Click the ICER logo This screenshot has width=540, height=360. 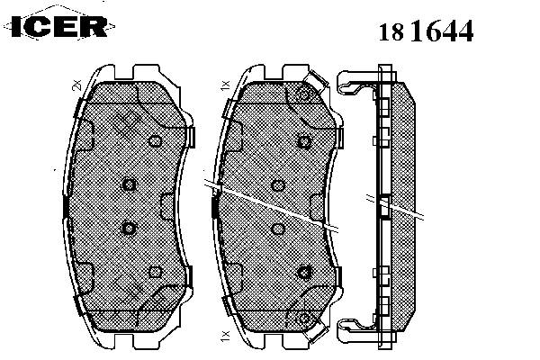[x=58, y=25]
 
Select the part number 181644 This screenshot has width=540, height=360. [x=426, y=31]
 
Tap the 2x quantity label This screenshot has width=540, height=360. [x=76, y=85]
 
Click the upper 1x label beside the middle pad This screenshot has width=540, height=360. [x=225, y=85]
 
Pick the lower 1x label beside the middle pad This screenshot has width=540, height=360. [x=224, y=336]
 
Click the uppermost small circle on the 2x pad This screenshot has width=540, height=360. [x=155, y=141]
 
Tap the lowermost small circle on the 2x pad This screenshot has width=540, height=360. [x=156, y=272]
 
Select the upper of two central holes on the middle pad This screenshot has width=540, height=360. [x=278, y=185]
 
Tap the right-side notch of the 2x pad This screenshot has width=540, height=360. [x=169, y=207]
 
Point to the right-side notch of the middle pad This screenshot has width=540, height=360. [x=317, y=207]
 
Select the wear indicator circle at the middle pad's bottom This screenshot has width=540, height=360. [x=304, y=319]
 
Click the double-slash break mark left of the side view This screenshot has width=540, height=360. [x=369, y=198]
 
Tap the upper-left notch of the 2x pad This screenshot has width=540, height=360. [x=86, y=135]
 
